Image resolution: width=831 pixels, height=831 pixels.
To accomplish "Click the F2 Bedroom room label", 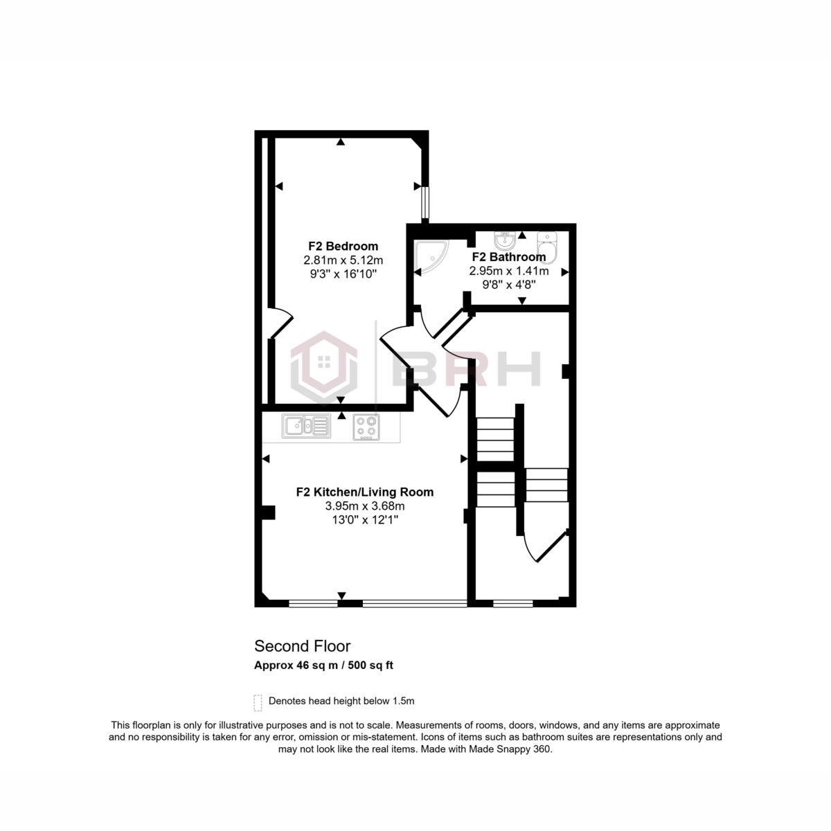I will (343, 246).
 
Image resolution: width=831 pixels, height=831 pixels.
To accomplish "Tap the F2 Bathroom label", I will (508, 257).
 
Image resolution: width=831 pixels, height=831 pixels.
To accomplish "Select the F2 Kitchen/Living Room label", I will (364, 492).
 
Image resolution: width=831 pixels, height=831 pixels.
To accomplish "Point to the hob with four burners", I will (366, 427).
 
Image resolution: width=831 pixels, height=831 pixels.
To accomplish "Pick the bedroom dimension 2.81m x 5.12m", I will (343, 260).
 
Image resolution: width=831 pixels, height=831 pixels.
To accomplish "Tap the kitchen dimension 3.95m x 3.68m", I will (364, 506).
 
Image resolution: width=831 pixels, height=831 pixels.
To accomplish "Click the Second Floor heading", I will (302, 646).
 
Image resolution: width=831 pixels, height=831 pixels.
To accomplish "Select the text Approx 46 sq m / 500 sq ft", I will (324, 665).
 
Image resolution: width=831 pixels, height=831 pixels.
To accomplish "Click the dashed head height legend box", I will (258, 702).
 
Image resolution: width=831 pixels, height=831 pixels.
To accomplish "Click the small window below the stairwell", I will (512, 603).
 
